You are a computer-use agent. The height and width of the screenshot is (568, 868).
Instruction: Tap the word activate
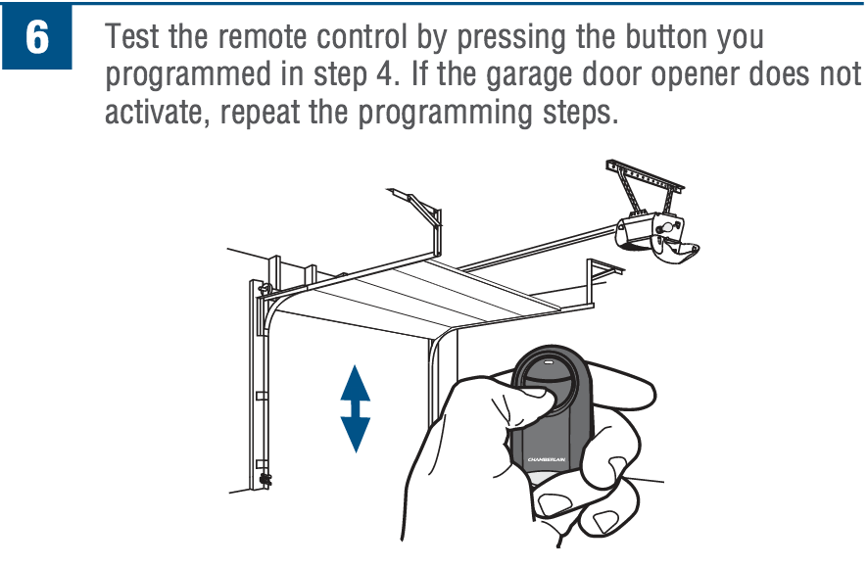[155, 113]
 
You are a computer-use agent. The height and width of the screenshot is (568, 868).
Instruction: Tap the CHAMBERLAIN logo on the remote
[548, 458]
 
